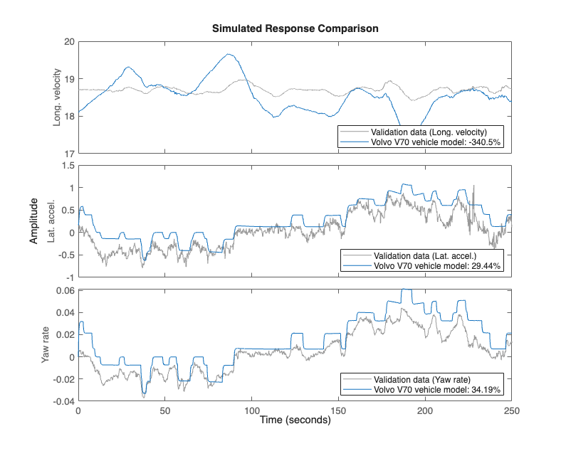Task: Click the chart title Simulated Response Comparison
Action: click(295, 29)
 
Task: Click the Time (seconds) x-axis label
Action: click(295, 420)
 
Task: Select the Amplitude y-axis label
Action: click(33, 222)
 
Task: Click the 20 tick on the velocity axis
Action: click(69, 41)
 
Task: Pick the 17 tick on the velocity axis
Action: click(69, 153)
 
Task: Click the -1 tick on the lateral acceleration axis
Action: click(69, 277)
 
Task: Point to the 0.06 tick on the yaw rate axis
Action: click(64, 290)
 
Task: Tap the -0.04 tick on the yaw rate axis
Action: click(62, 401)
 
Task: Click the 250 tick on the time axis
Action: click(511, 410)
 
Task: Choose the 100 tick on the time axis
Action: click(251, 410)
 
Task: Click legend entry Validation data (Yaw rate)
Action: click(422, 379)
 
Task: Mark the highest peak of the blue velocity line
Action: click(229, 54)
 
